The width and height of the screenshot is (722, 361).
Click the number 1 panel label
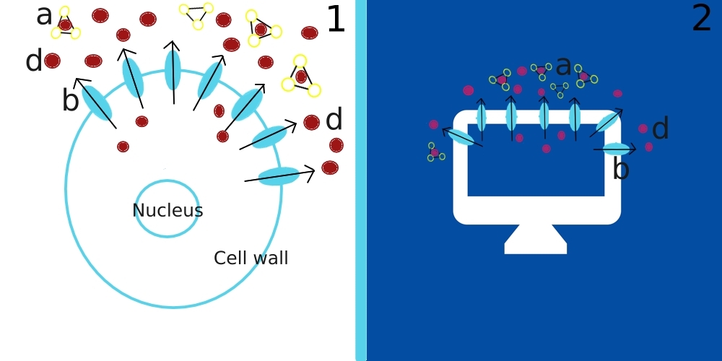(x=336, y=20)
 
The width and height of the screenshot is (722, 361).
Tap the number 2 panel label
(x=702, y=19)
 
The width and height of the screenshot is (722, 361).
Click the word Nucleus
(x=168, y=211)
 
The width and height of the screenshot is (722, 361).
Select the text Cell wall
(x=251, y=258)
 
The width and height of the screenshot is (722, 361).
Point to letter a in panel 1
(x=44, y=16)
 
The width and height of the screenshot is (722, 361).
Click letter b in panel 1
(x=70, y=102)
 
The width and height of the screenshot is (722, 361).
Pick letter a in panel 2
(x=563, y=66)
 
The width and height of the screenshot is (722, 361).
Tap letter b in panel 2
(x=620, y=170)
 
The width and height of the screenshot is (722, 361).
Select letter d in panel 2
(x=660, y=130)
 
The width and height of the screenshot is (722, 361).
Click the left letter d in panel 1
(x=33, y=61)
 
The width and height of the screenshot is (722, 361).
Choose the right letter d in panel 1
(x=334, y=120)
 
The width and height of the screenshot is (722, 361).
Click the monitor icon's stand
(x=536, y=240)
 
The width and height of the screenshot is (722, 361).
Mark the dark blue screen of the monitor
(x=536, y=166)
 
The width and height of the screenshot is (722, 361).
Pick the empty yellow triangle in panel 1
(x=196, y=15)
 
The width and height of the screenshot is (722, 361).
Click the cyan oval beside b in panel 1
(x=97, y=103)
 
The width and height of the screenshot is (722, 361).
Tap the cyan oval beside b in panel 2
(x=617, y=149)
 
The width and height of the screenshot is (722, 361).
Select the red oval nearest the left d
(x=52, y=61)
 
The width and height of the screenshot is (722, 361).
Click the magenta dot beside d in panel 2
(x=643, y=129)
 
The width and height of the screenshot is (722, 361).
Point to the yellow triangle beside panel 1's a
(x=65, y=24)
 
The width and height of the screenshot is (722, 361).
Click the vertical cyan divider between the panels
(x=361, y=180)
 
